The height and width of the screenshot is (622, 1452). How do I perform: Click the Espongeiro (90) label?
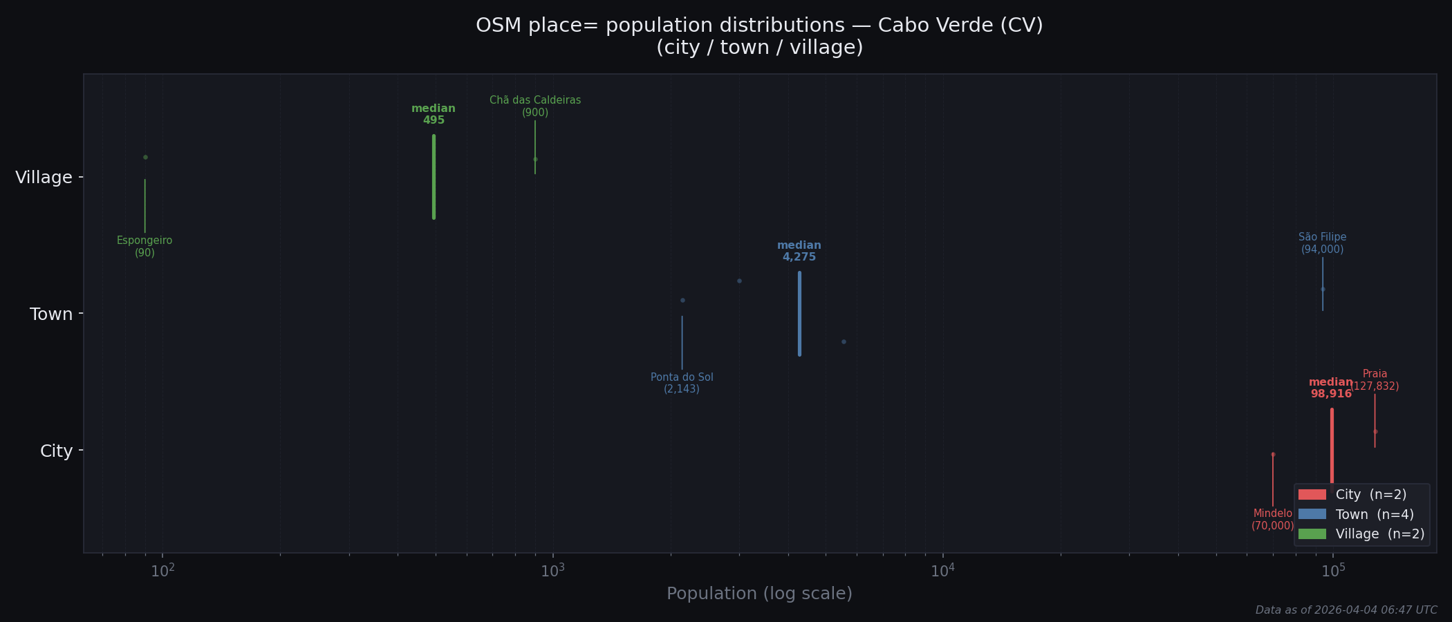(145, 247)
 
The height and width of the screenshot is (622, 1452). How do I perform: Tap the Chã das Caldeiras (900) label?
(535, 106)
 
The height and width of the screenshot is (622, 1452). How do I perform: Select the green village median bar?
(434, 177)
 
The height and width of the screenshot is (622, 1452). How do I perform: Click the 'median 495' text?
(434, 115)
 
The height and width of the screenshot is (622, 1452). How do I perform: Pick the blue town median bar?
(799, 314)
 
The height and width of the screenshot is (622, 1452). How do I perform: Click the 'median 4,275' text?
(799, 252)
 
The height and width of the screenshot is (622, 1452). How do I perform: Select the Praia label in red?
(1375, 379)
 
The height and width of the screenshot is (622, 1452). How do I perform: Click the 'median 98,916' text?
(1331, 388)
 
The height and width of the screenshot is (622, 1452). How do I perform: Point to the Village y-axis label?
(44, 178)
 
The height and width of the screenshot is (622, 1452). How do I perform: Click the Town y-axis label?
(51, 314)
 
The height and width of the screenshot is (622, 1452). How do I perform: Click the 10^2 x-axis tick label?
(162, 571)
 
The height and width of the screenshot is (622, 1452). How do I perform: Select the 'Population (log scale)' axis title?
(759, 594)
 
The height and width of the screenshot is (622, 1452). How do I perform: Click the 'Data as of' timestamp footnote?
(1346, 610)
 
